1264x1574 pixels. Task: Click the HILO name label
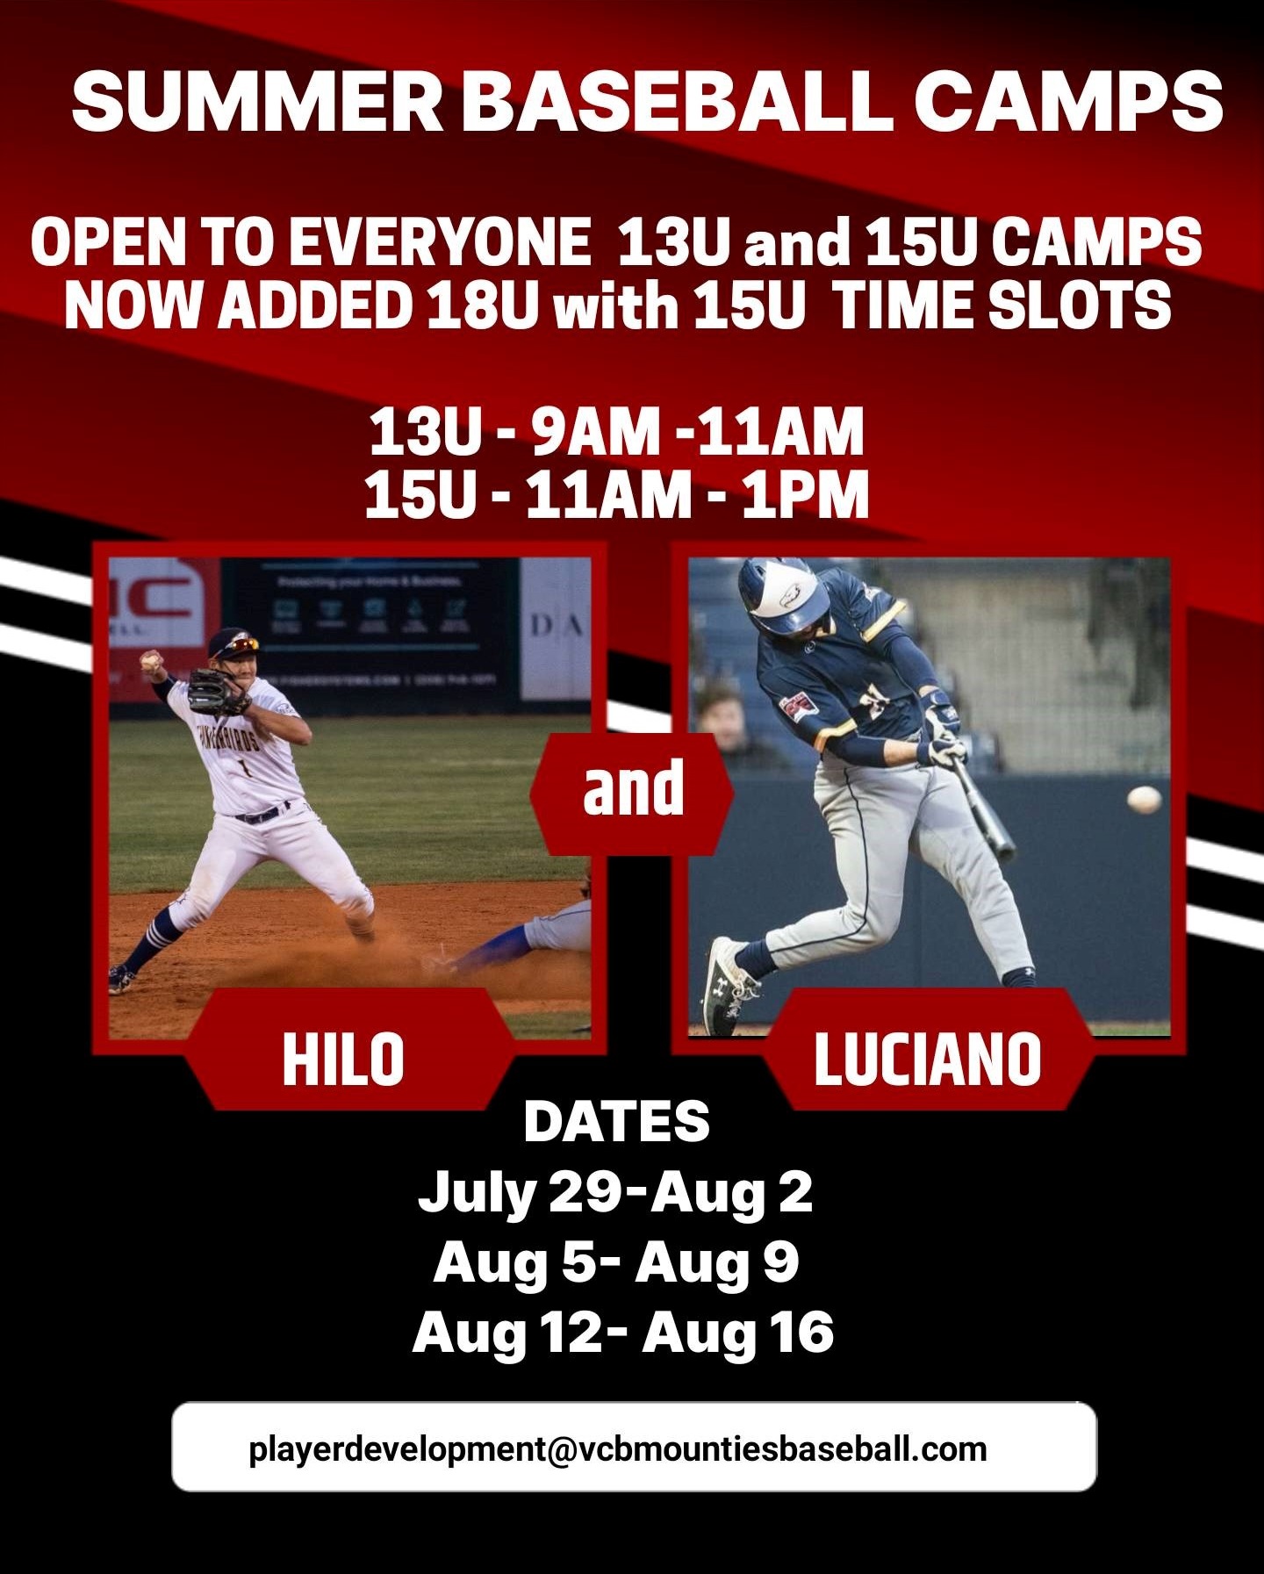(343, 1060)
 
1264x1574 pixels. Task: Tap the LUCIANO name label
(928, 1060)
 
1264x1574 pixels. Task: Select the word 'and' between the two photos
(633, 787)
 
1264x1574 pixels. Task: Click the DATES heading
(616, 1121)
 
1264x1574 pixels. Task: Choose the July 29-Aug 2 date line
(615, 1192)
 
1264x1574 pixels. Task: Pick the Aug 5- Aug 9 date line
(616, 1262)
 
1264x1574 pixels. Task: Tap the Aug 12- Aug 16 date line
(622, 1333)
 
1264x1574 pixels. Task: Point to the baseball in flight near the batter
(1145, 799)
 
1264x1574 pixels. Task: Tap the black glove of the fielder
(215, 690)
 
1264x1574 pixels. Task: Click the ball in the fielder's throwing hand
(151, 658)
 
